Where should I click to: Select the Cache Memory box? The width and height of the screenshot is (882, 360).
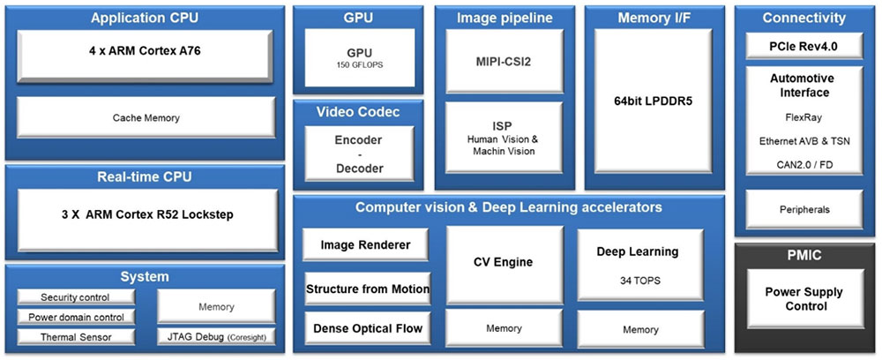[146, 117]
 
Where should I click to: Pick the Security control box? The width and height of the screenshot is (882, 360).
[76, 298]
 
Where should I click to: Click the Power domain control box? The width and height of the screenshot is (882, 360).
[76, 318]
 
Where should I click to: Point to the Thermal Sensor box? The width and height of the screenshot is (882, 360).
[76, 337]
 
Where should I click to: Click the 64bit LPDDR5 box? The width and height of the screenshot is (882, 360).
[654, 101]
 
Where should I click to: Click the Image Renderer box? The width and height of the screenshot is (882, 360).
[365, 244]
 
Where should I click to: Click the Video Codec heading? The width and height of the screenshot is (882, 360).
[358, 112]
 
